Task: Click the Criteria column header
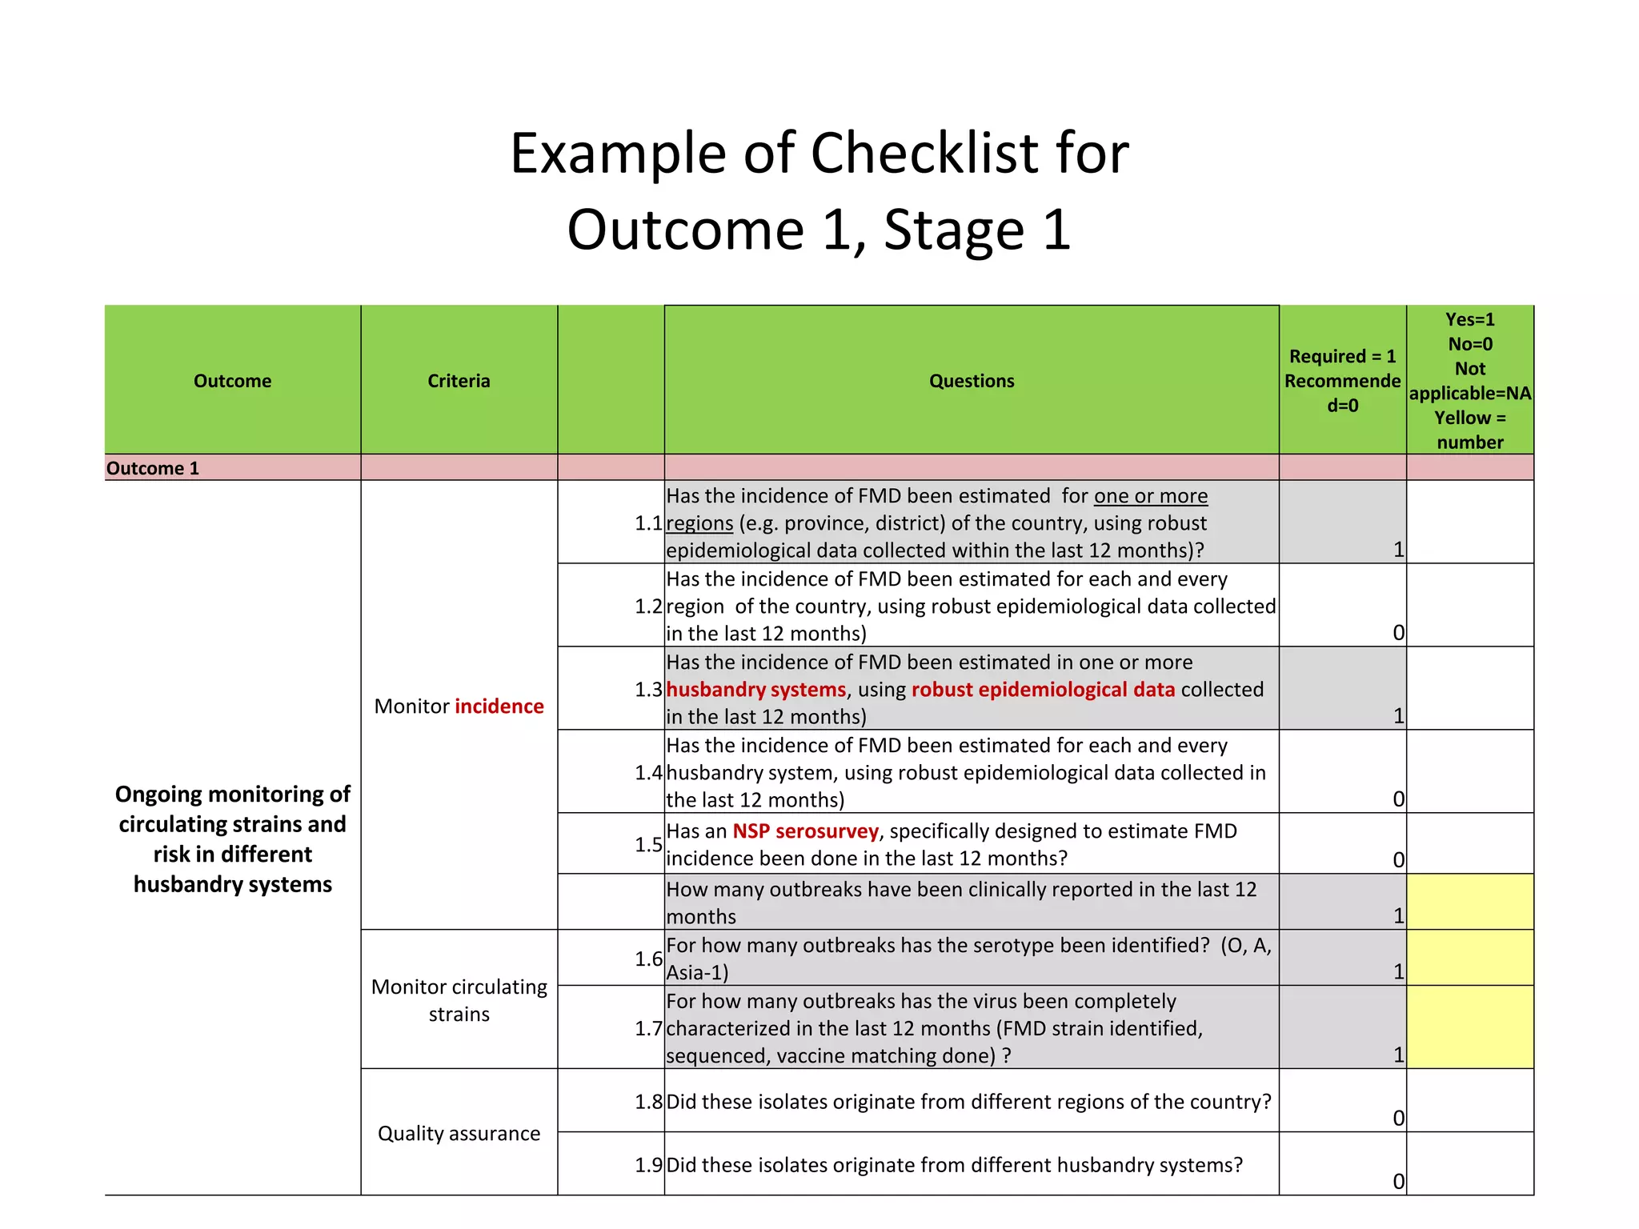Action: [459, 381]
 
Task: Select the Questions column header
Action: [972, 381]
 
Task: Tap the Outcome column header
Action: [232, 381]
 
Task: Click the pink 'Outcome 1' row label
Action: [153, 468]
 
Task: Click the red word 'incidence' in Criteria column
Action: [499, 706]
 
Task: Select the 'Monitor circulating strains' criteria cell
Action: [459, 1000]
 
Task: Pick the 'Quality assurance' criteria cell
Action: [459, 1133]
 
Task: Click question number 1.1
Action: [648, 523]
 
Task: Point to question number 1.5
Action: [648, 844]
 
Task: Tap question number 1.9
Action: [648, 1165]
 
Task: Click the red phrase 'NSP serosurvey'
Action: [805, 831]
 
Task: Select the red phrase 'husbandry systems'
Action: [755, 690]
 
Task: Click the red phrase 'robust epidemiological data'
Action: [1043, 690]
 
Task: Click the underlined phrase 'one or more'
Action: [1150, 496]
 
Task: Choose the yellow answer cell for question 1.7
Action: [1470, 1027]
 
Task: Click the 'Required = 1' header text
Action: [1342, 356]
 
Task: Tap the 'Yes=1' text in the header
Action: [1470, 319]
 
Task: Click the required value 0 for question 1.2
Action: [1398, 633]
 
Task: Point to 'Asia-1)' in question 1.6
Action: [697, 973]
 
